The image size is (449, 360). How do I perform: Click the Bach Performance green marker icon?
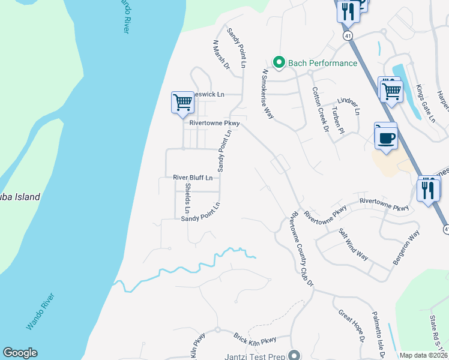[279, 62]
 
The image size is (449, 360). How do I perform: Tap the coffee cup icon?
[386, 137]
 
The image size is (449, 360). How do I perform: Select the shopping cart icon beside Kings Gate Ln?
[391, 91]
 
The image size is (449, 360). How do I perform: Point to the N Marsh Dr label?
[221, 56]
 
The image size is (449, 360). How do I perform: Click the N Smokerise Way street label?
[268, 94]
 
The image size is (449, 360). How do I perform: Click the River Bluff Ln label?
[193, 178]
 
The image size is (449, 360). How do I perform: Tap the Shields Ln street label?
[187, 198]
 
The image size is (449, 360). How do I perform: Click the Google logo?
[20, 353]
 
